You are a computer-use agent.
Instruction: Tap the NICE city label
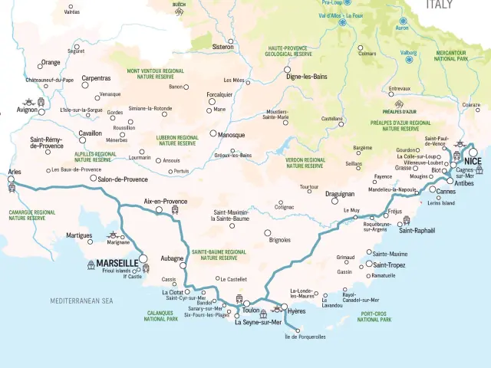coord(472,162)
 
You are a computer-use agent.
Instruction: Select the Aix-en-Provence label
coord(166,201)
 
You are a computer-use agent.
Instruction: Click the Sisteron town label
coord(222,47)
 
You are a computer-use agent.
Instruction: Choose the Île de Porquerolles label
coord(305,337)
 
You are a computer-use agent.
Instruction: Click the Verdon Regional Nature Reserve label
coord(306,163)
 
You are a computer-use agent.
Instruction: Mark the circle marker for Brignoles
coord(268,233)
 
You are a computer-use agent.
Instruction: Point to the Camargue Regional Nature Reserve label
coord(32,215)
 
